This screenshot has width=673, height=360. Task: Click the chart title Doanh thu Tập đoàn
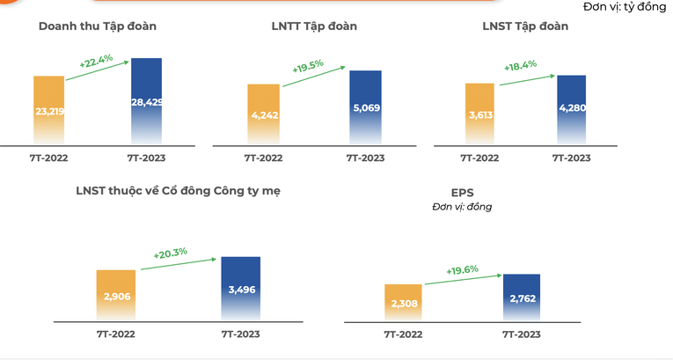click(97, 26)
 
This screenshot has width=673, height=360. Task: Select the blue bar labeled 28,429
click(146, 101)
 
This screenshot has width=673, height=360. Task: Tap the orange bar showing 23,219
click(49, 110)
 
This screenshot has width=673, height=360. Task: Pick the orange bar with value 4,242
click(263, 114)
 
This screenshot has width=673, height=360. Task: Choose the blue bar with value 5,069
click(365, 107)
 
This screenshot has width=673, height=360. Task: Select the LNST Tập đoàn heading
click(525, 26)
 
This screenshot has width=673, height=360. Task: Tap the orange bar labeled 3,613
click(479, 114)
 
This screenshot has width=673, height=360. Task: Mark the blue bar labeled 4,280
click(571, 110)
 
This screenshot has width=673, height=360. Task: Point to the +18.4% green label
click(521, 67)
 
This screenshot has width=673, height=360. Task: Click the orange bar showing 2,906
click(116, 295)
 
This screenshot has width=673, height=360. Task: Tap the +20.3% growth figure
click(171, 253)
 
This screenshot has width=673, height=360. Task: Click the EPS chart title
click(462, 191)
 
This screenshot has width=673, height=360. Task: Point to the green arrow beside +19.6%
click(462, 280)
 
